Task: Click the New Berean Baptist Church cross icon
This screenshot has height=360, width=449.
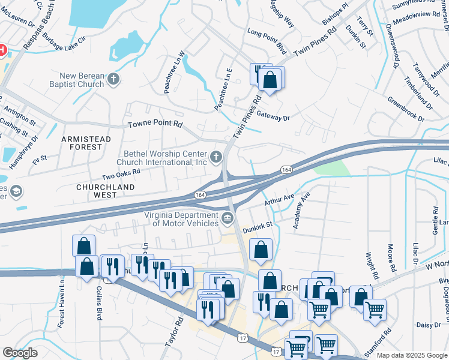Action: pyautogui.click(x=113, y=79)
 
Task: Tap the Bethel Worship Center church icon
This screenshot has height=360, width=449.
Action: pyautogui.click(x=216, y=158)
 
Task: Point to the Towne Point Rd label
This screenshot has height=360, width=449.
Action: pyautogui.click(x=155, y=124)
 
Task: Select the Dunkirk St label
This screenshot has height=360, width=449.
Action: pyautogui.click(x=258, y=227)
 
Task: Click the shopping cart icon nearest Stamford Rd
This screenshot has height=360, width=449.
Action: pyautogui.click(x=375, y=310)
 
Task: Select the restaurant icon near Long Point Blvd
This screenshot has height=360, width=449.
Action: pyautogui.click(x=260, y=73)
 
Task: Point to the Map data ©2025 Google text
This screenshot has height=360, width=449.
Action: pyautogui.click(x=412, y=355)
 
